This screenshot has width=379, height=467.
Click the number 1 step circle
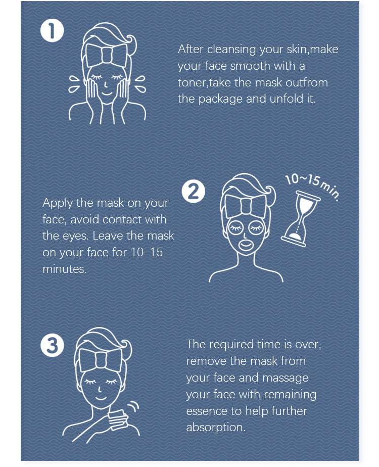(52, 31)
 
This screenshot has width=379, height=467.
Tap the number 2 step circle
(194, 191)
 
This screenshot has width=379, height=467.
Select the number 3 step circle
(53, 345)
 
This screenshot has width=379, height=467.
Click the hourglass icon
(301, 219)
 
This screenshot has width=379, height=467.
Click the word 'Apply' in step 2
(58, 203)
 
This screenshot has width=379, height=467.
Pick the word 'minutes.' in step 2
(65, 269)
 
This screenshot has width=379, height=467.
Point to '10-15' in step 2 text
(147, 252)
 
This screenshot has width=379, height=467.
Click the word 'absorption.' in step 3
(216, 428)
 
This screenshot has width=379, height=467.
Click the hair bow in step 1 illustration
(106, 55)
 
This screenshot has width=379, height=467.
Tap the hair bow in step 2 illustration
(246, 206)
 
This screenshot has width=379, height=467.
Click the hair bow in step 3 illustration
(101, 360)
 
